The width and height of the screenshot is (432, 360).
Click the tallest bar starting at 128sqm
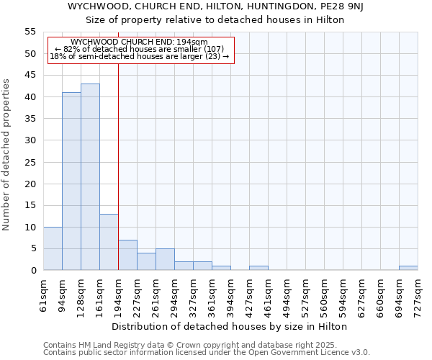point(90,177)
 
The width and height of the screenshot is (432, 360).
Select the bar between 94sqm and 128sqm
point(71,181)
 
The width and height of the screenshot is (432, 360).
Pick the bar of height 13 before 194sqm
point(109,242)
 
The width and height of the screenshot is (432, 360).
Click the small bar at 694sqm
point(408,268)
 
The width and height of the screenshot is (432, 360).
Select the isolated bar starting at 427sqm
point(258,268)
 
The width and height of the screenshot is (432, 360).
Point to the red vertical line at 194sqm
point(118,166)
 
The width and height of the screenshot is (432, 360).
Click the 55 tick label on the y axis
point(30,32)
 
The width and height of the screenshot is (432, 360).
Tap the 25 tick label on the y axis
point(30,162)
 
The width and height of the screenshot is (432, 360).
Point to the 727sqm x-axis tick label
point(418,295)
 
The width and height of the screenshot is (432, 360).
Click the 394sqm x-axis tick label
point(231,295)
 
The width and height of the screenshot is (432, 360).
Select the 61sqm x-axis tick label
point(44,295)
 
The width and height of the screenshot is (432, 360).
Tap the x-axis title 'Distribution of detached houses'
point(230,326)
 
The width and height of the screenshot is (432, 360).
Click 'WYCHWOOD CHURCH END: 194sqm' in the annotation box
point(140,42)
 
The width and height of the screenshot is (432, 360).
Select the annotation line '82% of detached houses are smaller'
point(140,49)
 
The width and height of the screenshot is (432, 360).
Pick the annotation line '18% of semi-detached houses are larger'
point(140,56)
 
